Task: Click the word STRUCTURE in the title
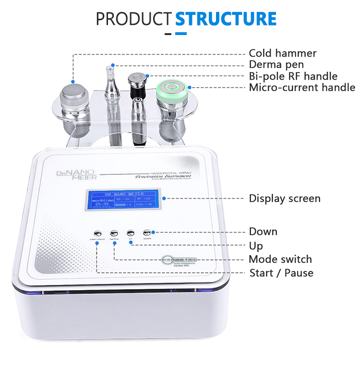click(x=226, y=19)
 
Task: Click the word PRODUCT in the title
click(x=134, y=19)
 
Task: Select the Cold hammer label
click(x=282, y=53)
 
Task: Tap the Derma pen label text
click(x=276, y=65)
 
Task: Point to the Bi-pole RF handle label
click(x=293, y=76)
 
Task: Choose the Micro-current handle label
click(x=302, y=87)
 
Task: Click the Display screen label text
click(x=284, y=198)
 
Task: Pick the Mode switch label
click(x=280, y=259)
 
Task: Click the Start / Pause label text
click(x=281, y=273)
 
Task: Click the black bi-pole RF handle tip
click(x=138, y=77)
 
